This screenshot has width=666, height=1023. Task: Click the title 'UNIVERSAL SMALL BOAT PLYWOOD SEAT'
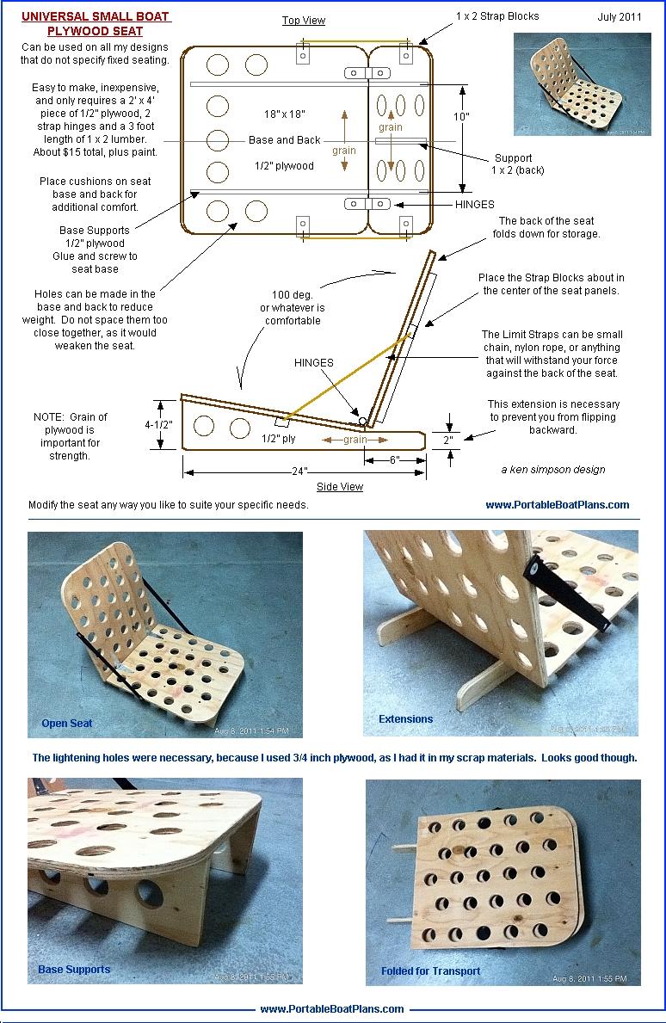pos(96,24)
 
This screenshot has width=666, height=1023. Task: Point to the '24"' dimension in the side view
pos(299,472)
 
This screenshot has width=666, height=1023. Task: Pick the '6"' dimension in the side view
pos(393,460)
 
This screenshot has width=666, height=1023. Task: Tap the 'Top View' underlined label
pos(304,21)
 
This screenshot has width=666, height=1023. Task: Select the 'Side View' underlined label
pos(339,487)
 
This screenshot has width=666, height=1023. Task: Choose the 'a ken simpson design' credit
pos(552,470)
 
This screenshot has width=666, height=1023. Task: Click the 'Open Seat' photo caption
pos(66,724)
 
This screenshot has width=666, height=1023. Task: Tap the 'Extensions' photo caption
pos(405,719)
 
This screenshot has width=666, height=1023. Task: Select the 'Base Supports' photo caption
pos(74,970)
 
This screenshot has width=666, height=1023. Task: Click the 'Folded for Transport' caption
pos(430,971)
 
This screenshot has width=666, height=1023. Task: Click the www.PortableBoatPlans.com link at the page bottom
pos(331,1009)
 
